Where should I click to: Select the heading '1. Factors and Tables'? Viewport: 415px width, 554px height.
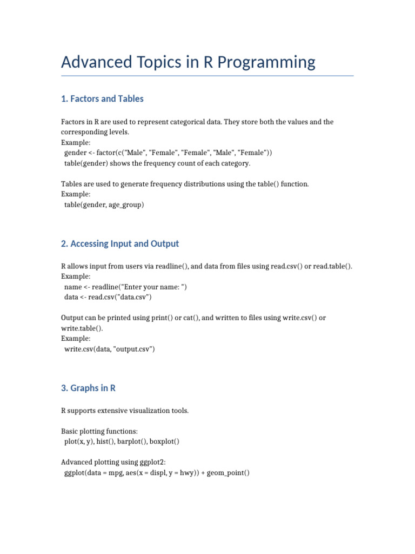point(102,98)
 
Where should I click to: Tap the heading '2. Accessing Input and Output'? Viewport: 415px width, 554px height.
point(120,243)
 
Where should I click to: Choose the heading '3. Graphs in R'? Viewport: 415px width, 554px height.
point(88,388)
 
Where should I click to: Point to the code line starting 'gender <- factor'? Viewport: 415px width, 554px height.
point(168,153)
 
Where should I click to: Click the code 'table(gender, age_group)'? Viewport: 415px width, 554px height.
point(104,205)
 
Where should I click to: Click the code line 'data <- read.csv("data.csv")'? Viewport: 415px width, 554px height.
point(108,297)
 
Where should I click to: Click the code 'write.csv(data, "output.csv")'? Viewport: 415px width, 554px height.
point(110,349)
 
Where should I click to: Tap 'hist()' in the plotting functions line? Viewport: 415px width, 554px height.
point(102,441)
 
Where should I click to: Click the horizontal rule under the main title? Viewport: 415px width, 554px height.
point(207,76)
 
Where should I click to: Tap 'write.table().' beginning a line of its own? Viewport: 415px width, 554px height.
point(82,328)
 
